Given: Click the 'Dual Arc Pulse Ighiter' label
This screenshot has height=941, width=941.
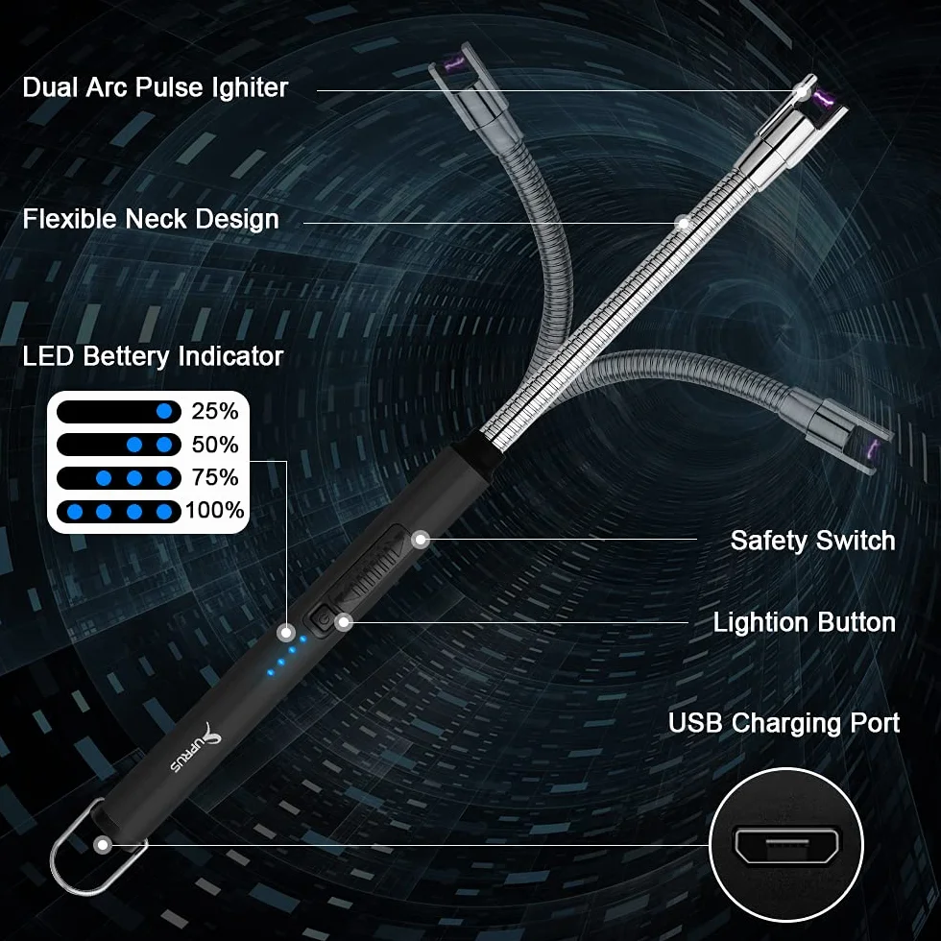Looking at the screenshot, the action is click(156, 87).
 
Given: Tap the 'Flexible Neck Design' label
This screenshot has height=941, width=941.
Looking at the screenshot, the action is click(151, 219).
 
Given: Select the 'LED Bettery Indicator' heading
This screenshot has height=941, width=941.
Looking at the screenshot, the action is click(153, 356).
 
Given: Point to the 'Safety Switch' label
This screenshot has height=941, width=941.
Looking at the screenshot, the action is click(812, 541).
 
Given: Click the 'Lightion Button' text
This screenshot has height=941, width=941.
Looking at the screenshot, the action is click(805, 622).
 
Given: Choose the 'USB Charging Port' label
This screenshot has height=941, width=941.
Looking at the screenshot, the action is click(784, 722).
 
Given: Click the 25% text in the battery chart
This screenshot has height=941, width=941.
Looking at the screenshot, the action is click(215, 411).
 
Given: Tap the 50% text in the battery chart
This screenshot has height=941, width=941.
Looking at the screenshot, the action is click(215, 445).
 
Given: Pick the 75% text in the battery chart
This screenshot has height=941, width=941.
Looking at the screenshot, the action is click(215, 478).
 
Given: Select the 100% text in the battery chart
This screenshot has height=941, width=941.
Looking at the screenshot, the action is click(214, 511).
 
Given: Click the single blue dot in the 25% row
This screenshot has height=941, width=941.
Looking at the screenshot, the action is click(164, 412).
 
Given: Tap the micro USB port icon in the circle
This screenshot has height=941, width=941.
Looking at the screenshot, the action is click(786, 846).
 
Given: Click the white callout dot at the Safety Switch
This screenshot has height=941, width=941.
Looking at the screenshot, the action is click(421, 540).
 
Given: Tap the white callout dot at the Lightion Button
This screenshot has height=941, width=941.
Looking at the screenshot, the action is click(344, 622).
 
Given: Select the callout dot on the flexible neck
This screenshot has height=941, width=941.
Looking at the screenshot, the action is click(683, 223).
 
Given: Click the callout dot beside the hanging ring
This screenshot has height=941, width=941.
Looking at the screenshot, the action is click(103, 845).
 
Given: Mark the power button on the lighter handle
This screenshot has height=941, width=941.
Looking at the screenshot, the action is click(322, 618).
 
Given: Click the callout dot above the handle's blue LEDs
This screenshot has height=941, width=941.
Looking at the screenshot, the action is click(286, 632).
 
